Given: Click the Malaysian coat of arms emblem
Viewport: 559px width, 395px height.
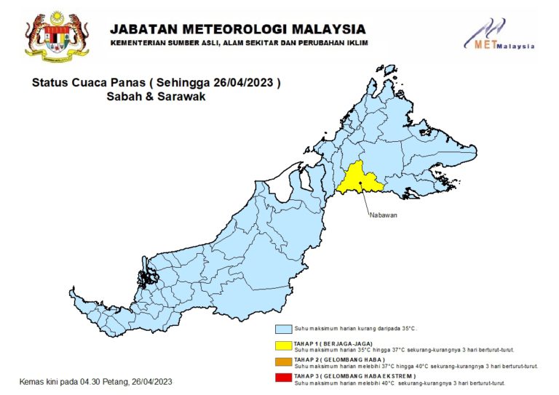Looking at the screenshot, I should coord(56,34).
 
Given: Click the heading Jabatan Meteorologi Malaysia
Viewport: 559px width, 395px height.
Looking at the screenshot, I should coord(237,30).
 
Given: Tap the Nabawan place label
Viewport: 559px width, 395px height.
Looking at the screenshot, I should coord(384,215).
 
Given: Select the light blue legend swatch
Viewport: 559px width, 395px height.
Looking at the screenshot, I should coord(284,328).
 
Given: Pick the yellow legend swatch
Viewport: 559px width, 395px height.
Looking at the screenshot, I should coord(284,343).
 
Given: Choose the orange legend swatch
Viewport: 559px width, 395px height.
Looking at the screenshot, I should coord(284,361).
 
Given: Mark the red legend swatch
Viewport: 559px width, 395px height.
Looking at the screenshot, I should coord(284,377).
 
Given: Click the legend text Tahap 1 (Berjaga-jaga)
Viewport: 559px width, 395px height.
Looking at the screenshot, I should coord(333,343).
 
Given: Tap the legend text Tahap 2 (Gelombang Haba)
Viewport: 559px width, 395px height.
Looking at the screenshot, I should coord(338,360).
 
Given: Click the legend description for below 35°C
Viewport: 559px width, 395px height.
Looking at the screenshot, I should coord(354,329).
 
